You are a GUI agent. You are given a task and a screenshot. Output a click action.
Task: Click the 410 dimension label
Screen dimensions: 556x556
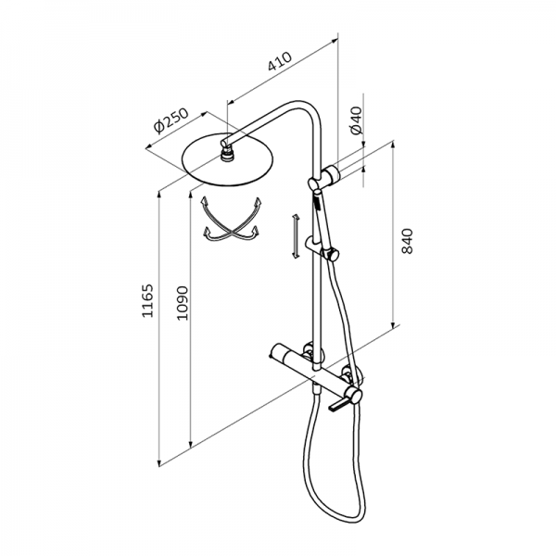[280, 61]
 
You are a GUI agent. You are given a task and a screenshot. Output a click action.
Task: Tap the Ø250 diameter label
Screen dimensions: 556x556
[171, 120]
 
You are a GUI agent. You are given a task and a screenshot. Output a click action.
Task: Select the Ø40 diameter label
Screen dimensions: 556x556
[357, 120]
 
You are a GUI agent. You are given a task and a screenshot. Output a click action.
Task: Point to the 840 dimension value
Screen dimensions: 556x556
[407, 241]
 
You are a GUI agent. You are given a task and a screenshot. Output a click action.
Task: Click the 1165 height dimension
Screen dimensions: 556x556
[147, 300]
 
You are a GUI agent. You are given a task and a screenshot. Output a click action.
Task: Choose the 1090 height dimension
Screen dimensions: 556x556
[183, 303]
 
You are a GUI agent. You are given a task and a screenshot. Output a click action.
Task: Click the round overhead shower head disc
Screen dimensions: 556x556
[227, 160]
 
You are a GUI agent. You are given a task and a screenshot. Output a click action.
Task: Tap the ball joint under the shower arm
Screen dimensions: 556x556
[226, 154]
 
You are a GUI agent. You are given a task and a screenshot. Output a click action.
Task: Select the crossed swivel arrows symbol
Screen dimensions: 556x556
[231, 221]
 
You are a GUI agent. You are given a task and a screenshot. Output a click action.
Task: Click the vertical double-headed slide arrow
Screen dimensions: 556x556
[295, 236]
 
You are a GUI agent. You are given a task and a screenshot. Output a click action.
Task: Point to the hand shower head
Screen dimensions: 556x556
[322, 220]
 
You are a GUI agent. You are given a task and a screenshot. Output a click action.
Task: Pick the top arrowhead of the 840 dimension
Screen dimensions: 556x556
[393, 145]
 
